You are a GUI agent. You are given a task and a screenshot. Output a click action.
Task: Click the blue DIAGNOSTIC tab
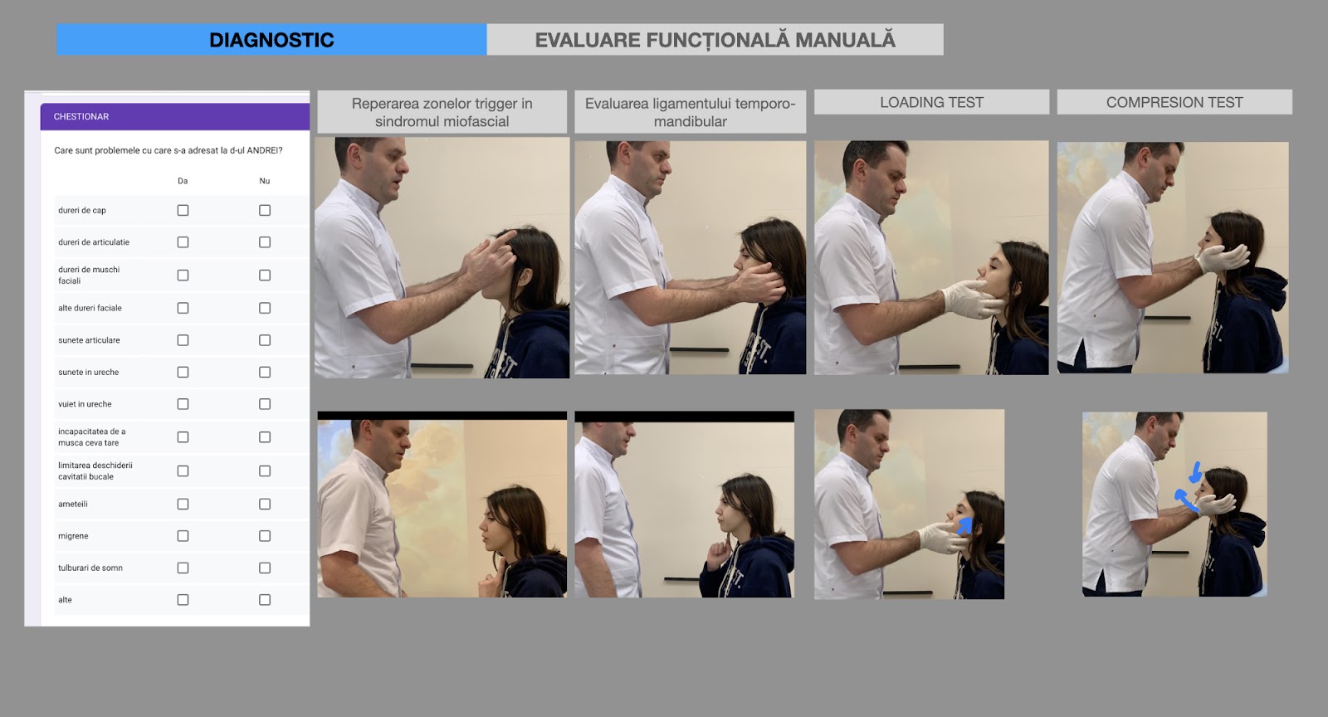click(x=271, y=40)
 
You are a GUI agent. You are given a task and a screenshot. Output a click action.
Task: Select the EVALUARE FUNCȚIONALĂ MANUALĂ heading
click(x=715, y=40)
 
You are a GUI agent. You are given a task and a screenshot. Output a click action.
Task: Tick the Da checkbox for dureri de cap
click(x=183, y=210)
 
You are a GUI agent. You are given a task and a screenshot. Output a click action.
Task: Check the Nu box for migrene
click(x=265, y=536)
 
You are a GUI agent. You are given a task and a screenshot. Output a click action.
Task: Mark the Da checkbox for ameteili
click(x=183, y=504)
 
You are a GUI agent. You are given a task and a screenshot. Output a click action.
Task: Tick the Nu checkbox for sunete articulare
click(x=265, y=340)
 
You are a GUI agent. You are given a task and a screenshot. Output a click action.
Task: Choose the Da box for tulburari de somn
click(x=183, y=568)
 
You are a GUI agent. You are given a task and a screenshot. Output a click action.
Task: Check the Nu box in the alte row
click(x=265, y=600)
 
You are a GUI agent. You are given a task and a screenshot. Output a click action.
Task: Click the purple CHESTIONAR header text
click(x=81, y=117)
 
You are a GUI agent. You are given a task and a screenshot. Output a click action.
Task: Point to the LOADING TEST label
click(x=931, y=103)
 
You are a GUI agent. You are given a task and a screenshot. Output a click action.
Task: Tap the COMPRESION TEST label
click(x=1174, y=103)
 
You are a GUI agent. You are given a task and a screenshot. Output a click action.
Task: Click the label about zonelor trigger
click(x=442, y=112)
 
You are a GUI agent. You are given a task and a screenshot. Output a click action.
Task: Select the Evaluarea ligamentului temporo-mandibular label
click(x=690, y=112)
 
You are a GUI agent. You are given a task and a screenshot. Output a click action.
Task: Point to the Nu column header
click(x=265, y=181)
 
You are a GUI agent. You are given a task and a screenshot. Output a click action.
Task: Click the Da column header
click(x=183, y=181)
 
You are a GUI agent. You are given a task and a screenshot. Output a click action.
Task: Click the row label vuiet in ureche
click(x=85, y=404)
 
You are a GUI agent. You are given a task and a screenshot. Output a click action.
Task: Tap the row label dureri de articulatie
click(x=94, y=241)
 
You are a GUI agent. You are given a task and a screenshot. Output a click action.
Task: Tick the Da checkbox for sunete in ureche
click(x=183, y=372)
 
